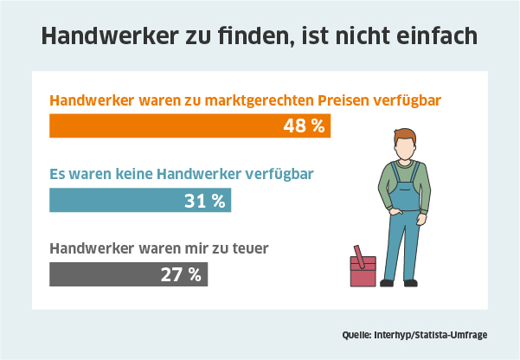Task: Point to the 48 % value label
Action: pos(304,125)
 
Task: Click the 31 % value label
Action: pos(205,201)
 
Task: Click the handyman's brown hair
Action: pos(403,136)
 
